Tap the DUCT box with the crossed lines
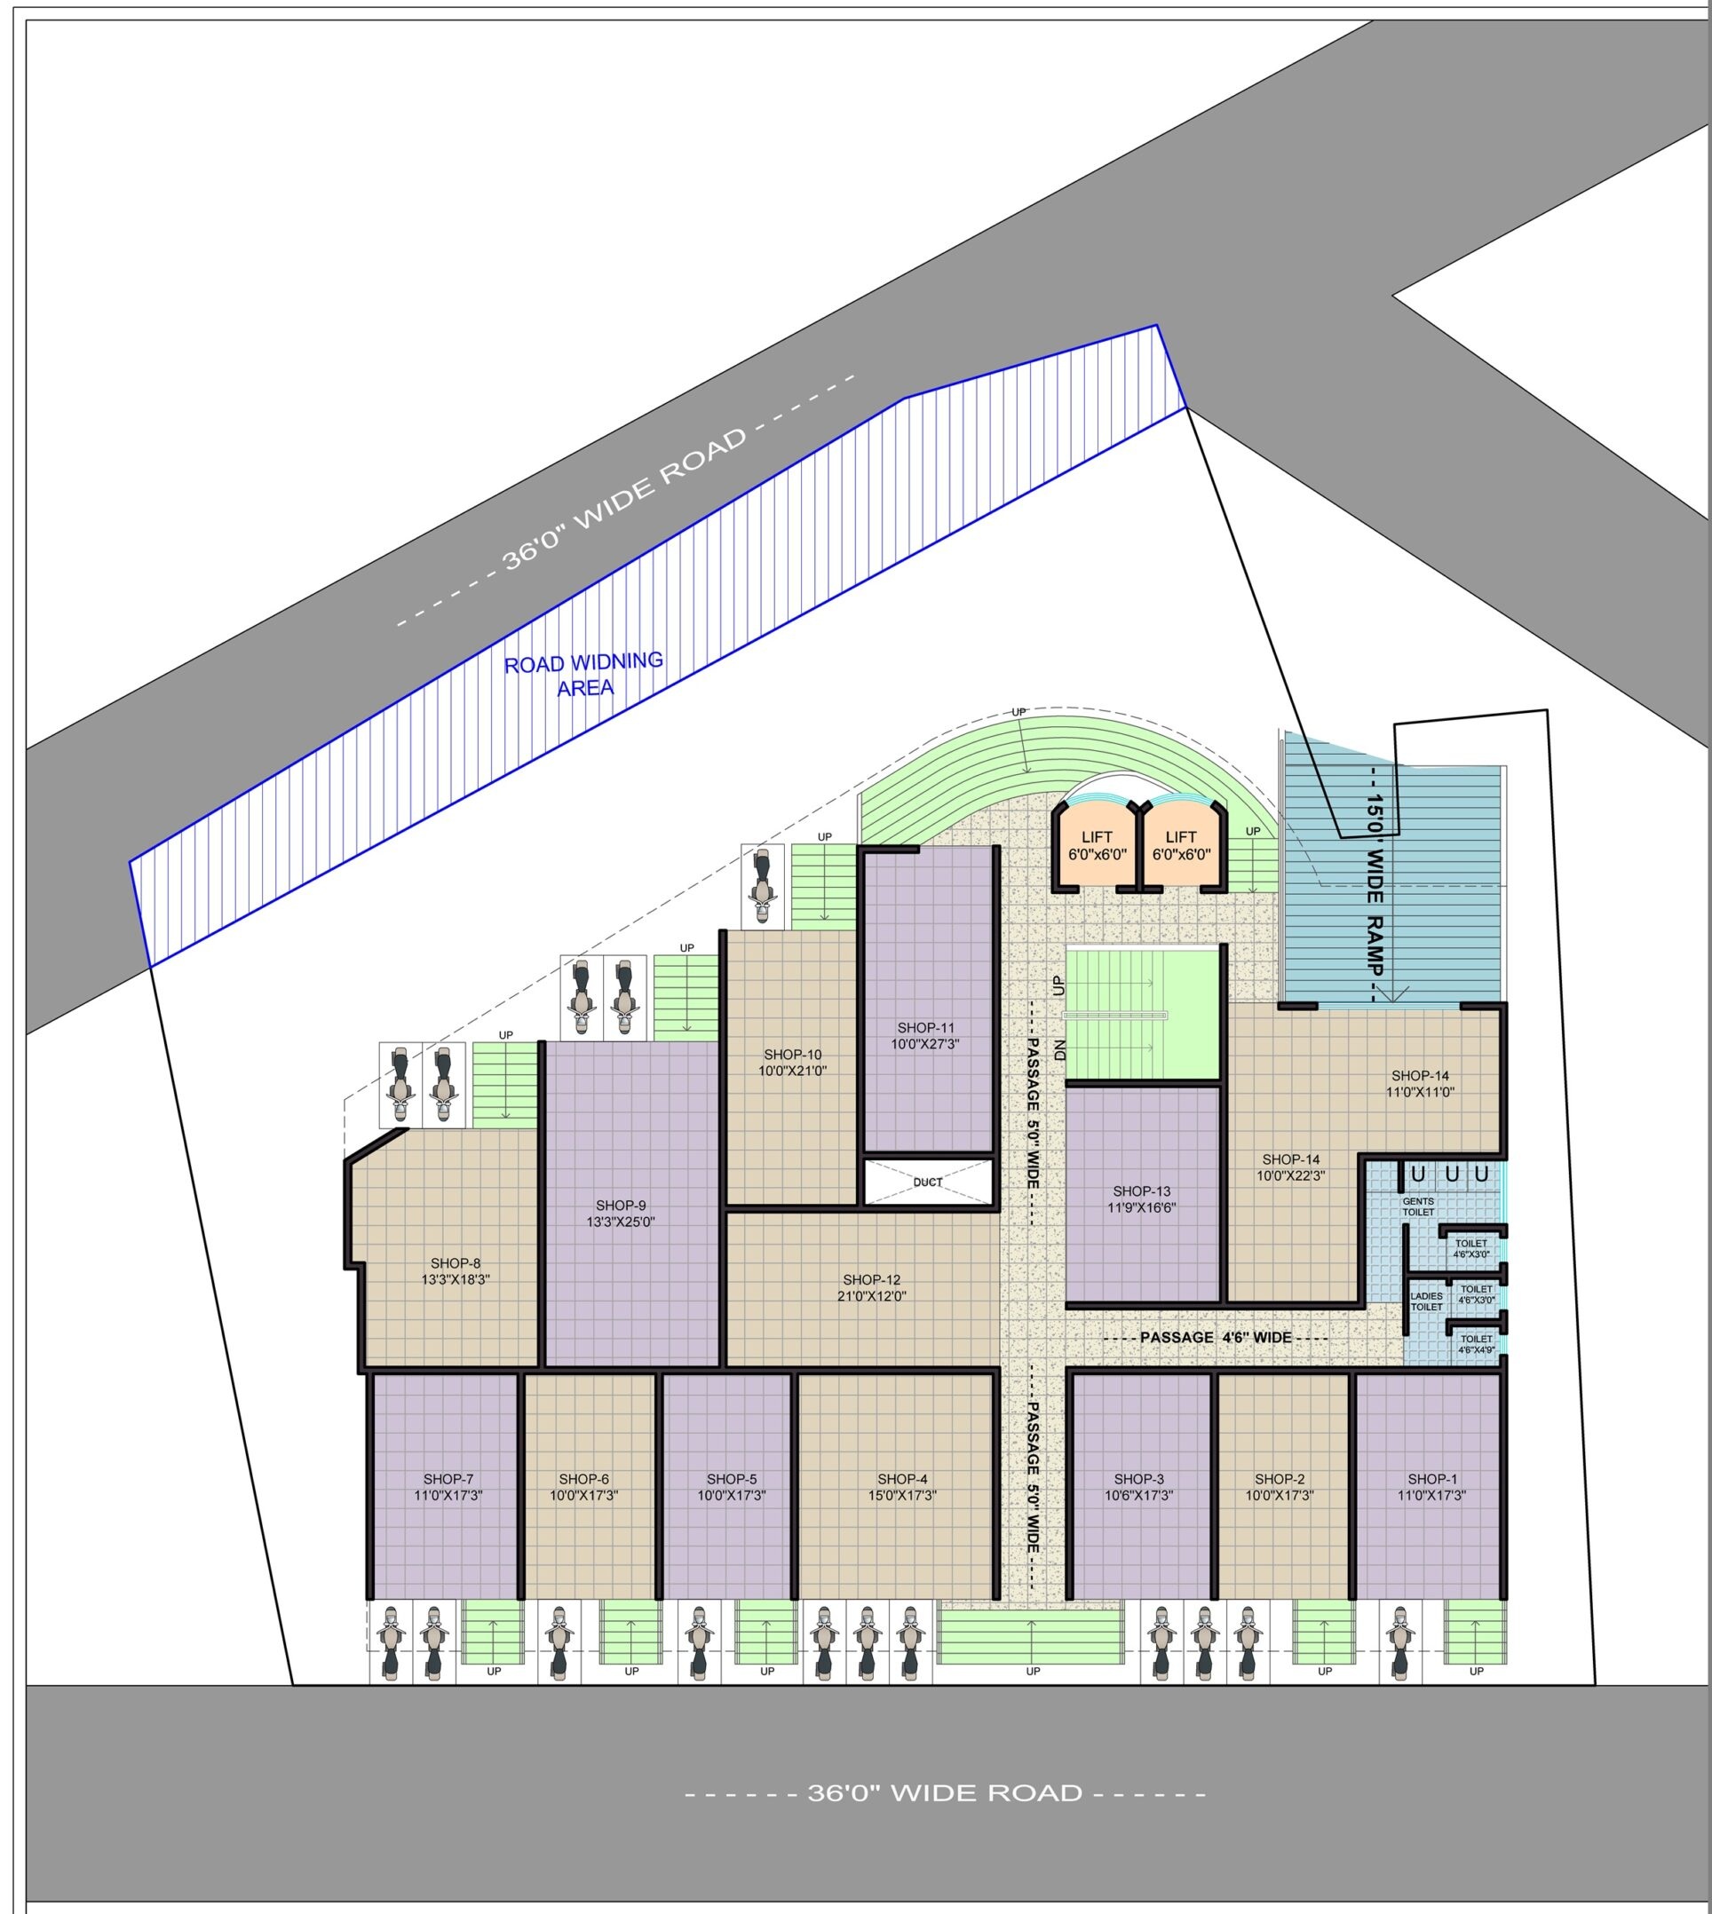coord(929,1182)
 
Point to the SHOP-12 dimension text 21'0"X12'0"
coord(872,1296)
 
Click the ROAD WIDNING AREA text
coord(584,675)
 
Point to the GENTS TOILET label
coord(1418,1206)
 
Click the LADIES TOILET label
coord(1426,1301)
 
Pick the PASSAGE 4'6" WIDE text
coord(1216,1338)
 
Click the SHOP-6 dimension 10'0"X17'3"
coord(584,1496)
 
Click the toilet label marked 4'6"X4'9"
coord(1476,1349)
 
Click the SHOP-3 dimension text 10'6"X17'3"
coord(1139,1496)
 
